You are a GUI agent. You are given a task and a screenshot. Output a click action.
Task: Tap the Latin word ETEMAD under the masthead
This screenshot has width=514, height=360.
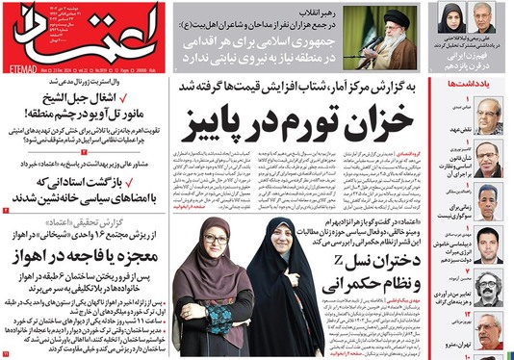click(x=20, y=65)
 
